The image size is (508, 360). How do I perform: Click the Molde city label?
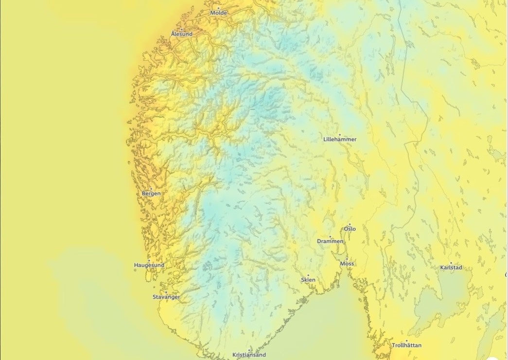219,13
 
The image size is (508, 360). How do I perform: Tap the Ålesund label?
182,34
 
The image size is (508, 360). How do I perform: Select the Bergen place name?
151,194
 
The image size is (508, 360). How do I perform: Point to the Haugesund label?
149,265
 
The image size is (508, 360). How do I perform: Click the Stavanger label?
166,297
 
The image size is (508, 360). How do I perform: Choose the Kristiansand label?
249,355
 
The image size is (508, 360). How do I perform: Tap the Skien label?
308,280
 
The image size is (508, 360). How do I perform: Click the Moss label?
347,264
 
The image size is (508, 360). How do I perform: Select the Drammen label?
330,241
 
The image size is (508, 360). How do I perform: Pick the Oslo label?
350,229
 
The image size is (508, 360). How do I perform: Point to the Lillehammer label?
340,139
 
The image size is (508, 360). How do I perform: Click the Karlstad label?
451,268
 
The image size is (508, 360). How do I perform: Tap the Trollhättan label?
407,345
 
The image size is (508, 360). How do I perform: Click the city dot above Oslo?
349,224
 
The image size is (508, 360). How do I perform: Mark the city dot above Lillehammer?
339,134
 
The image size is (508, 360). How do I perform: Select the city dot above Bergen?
151,189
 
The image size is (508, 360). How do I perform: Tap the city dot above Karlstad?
451,263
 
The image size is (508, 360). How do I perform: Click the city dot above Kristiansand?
249,350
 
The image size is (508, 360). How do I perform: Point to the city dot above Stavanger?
166,292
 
